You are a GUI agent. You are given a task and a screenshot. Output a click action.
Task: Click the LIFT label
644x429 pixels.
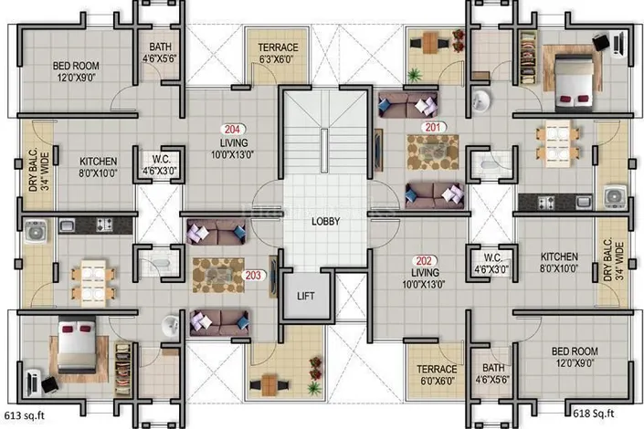click(x=306, y=296)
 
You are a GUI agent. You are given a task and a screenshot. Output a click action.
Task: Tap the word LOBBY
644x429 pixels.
click(x=326, y=221)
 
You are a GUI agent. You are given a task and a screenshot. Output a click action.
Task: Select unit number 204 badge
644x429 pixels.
click(x=232, y=130)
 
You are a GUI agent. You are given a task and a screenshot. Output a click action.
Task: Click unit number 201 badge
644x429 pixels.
click(x=433, y=127)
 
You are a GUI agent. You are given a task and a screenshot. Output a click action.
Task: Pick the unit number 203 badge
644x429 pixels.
click(x=253, y=275)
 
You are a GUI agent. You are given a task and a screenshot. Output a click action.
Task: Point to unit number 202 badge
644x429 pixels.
click(x=424, y=261)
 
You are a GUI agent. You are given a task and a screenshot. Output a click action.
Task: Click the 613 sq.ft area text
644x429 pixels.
click(x=25, y=415)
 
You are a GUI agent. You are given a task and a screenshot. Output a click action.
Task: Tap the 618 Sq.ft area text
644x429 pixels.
click(x=594, y=413)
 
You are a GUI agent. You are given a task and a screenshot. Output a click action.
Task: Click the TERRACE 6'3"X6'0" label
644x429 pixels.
click(x=278, y=53)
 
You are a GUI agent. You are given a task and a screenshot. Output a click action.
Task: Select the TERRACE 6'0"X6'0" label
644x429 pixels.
click(x=437, y=375)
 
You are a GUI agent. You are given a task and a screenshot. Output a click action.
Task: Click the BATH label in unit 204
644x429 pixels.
click(x=160, y=53)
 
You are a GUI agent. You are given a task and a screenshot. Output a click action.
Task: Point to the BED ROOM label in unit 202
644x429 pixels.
click(x=575, y=357)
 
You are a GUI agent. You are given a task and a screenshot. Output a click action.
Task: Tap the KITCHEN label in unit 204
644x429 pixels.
click(x=98, y=167)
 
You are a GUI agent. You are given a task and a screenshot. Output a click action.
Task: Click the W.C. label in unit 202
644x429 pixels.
click(x=492, y=263)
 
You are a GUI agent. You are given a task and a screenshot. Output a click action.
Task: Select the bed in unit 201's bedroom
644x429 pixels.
click(x=574, y=82)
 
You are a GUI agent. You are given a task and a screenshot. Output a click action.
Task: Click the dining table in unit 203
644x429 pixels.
click(x=93, y=283)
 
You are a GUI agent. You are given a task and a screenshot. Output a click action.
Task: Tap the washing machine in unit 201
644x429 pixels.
click(x=615, y=197)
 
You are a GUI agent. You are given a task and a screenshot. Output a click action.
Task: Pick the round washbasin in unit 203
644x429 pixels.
click(x=170, y=326)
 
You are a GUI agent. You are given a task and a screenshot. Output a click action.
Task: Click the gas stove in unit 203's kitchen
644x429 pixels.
click(x=104, y=225)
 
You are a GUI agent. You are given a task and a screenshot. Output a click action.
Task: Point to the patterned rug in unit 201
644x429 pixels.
click(x=432, y=152)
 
